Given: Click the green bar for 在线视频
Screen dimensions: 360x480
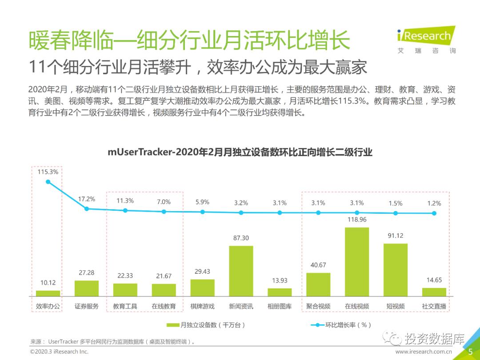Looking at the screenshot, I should click(x=357, y=262).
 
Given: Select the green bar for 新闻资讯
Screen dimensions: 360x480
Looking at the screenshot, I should click(x=241, y=271).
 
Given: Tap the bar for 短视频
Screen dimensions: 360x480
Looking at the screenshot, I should click(x=395, y=270).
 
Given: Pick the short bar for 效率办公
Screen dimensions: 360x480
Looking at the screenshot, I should click(x=48, y=293).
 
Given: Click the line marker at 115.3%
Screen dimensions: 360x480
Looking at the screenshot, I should click(x=48, y=182).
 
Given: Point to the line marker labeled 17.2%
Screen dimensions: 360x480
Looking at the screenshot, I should click(x=87, y=208).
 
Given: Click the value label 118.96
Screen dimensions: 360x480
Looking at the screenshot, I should click(x=357, y=220).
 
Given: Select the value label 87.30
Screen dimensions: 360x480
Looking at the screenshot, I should click(x=241, y=238).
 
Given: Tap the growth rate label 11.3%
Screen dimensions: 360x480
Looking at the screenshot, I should click(x=125, y=201).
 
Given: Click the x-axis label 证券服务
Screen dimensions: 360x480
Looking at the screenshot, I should click(x=86, y=306).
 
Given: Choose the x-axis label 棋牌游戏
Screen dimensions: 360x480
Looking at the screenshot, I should click(x=202, y=306).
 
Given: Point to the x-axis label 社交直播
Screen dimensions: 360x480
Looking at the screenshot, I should click(x=434, y=306).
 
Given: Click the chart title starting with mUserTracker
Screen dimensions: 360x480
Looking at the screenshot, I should click(x=240, y=152).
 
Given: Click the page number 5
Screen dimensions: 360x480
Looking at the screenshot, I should click(x=470, y=351).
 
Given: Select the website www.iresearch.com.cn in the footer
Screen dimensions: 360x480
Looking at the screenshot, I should click(x=423, y=352).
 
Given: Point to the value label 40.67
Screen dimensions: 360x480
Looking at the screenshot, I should click(x=318, y=265).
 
